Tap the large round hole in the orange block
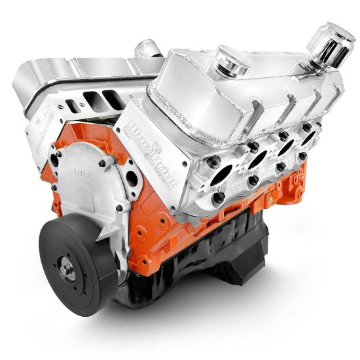[130, 177]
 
